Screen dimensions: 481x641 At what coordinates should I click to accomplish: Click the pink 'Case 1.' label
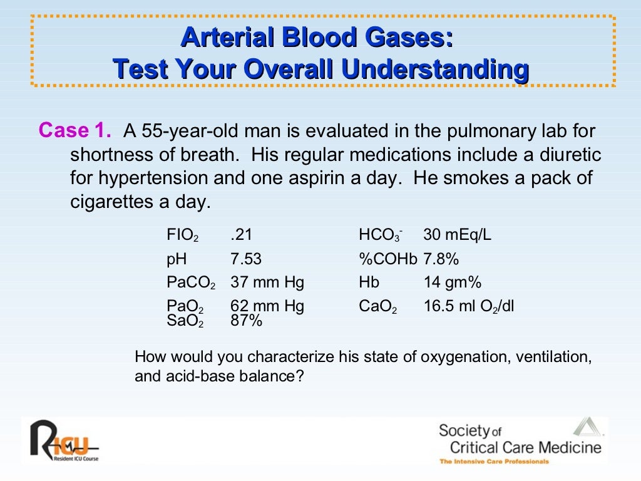point(75,131)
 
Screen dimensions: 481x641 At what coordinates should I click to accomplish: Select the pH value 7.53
point(246,259)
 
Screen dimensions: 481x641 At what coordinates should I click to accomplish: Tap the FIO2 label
point(182,236)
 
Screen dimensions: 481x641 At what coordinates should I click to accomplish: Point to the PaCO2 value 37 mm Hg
point(267,282)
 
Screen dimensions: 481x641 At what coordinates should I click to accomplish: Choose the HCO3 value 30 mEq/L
point(457,235)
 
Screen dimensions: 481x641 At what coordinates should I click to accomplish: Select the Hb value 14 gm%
point(452,282)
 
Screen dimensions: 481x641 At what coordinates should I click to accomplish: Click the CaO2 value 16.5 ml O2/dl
point(468,307)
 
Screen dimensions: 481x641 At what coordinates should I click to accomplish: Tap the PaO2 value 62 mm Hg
point(267,306)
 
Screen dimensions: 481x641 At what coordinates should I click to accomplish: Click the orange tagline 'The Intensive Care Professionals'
point(494,462)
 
